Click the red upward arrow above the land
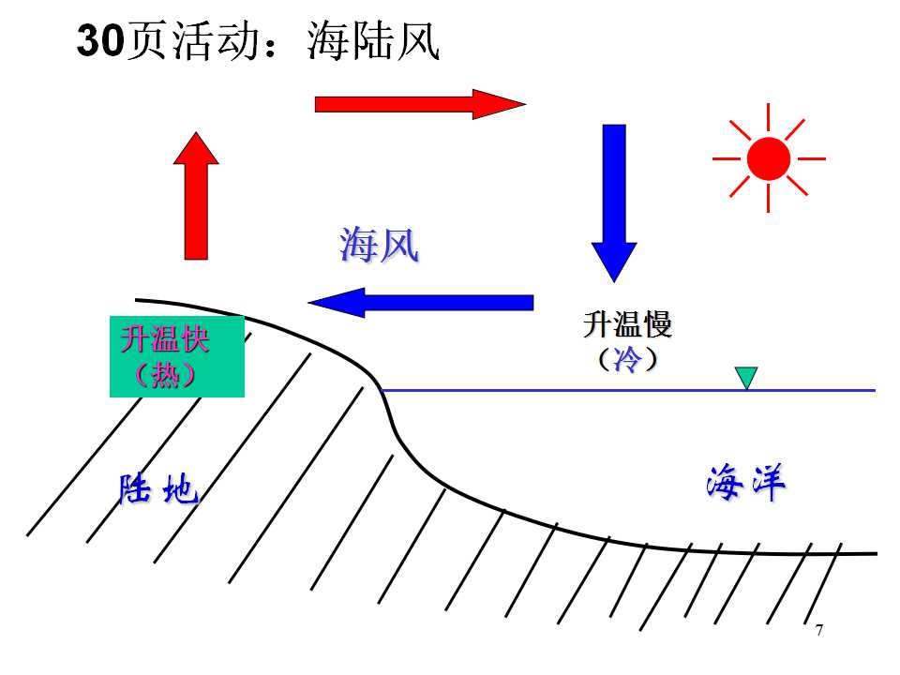point(196,196)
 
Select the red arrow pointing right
point(420,104)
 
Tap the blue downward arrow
point(614,203)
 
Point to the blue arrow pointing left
point(421,303)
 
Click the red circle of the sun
point(769,159)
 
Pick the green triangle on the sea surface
point(746,378)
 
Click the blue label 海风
point(380,245)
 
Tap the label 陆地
point(158,489)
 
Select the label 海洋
point(745,482)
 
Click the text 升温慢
point(627,323)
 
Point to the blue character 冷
point(627,360)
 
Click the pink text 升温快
point(165,338)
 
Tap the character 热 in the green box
point(165,375)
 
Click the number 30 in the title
point(100,40)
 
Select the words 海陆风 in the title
point(374,40)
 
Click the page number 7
point(819,630)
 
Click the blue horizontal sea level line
point(628,390)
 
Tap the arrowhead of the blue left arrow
point(337,303)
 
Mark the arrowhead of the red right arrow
point(499,104)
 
